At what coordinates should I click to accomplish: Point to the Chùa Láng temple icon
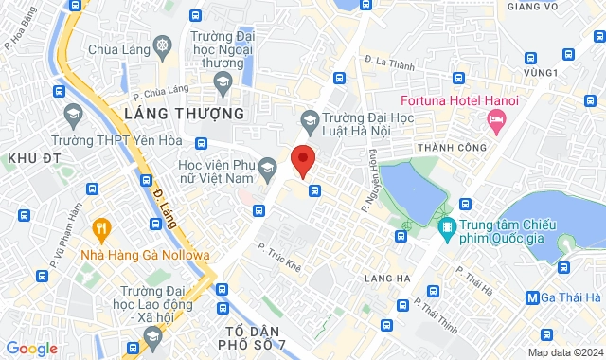coord(163,46)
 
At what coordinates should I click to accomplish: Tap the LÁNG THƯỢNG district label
coord(184,114)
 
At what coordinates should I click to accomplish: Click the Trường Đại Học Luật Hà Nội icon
coord(308,118)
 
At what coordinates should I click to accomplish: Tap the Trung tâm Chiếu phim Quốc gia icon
coord(446,227)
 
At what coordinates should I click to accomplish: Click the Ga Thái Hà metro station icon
coord(533,297)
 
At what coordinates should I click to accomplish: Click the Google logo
coord(31,349)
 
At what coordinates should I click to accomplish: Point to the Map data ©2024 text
coord(565,352)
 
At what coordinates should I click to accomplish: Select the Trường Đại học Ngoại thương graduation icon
coord(222,83)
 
